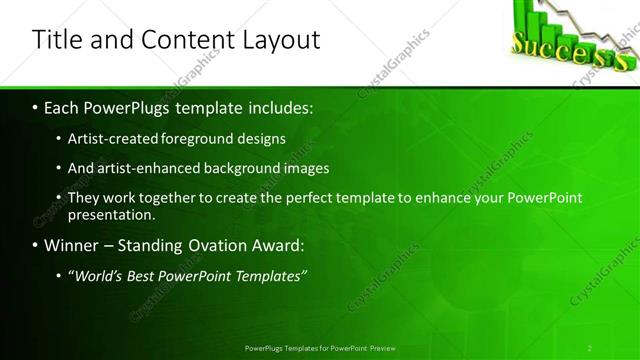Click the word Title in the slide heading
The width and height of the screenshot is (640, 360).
pyautogui.click(x=56, y=39)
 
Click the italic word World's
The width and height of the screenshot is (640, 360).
pyautogui.click(x=99, y=275)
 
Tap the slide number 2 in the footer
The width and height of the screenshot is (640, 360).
pyautogui.click(x=590, y=348)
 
